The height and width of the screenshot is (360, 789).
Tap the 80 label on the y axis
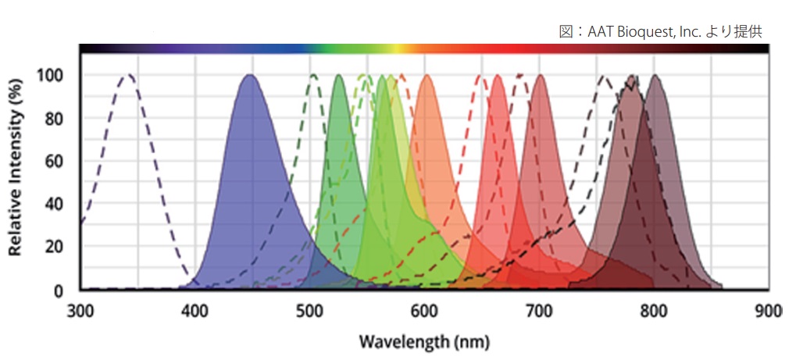pyautogui.click(x=55, y=119)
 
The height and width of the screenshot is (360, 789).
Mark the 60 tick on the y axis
pyautogui.click(x=55, y=162)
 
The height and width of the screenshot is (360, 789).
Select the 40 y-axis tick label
pyautogui.click(x=55, y=205)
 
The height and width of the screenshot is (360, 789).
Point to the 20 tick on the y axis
pyautogui.click(x=55, y=248)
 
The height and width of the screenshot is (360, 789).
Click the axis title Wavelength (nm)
pyautogui.click(x=424, y=342)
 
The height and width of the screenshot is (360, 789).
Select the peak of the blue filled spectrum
pyautogui.click(x=250, y=75)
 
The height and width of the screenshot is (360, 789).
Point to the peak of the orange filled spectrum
pyautogui.click(x=427, y=75)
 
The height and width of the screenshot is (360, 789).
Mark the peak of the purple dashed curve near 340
pyautogui.click(x=128, y=75)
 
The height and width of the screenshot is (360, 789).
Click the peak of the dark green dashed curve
pyautogui.click(x=314, y=75)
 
